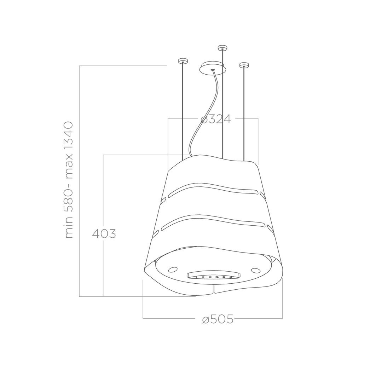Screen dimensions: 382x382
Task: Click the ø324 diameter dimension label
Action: [x=216, y=119]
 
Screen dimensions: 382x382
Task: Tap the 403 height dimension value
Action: [x=104, y=234]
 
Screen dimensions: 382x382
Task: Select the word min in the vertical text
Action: [x=69, y=228]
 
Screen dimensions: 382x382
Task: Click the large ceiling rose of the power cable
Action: [x=212, y=68]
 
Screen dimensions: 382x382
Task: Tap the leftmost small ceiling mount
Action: [x=183, y=61]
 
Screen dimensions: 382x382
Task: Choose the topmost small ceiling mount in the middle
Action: [x=222, y=47]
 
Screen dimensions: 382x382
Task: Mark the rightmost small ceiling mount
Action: [x=244, y=65]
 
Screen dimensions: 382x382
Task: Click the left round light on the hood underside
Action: [x=173, y=270]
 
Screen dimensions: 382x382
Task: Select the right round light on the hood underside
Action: [x=255, y=271]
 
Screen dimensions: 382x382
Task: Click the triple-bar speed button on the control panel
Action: [x=210, y=277]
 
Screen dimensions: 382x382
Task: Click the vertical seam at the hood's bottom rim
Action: [x=214, y=289]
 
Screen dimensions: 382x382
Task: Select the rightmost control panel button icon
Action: [x=231, y=277]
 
